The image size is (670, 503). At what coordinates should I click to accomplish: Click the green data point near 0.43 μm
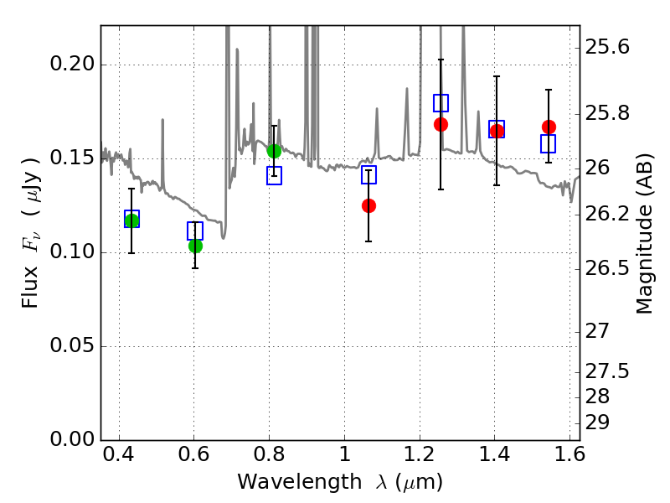pos(131,220)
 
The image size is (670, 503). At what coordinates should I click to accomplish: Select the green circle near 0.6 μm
pos(195,246)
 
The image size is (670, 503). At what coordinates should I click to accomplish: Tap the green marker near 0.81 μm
pos(274,151)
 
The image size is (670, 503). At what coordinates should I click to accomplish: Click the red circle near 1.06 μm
pos(368,205)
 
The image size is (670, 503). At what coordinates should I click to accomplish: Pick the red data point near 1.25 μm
pos(441,124)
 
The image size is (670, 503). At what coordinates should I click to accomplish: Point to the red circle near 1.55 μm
pos(549,127)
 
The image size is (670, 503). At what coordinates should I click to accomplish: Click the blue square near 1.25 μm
pos(441,103)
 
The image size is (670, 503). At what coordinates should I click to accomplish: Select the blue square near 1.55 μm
pos(549,143)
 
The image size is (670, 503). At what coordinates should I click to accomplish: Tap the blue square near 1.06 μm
pos(368,175)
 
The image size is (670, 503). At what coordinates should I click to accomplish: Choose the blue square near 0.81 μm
pos(275,176)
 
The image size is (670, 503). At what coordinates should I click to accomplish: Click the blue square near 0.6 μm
pos(195,231)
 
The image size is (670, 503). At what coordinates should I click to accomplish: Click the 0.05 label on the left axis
pos(72,345)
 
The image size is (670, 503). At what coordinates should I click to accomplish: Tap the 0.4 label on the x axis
pos(119,454)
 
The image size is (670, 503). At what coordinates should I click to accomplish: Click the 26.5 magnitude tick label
pos(606,268)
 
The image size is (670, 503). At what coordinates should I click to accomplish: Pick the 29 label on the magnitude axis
pos(597,423)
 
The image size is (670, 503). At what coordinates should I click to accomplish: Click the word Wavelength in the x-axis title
pos(300,481)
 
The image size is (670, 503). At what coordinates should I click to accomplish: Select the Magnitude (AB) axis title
pos(644,234)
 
